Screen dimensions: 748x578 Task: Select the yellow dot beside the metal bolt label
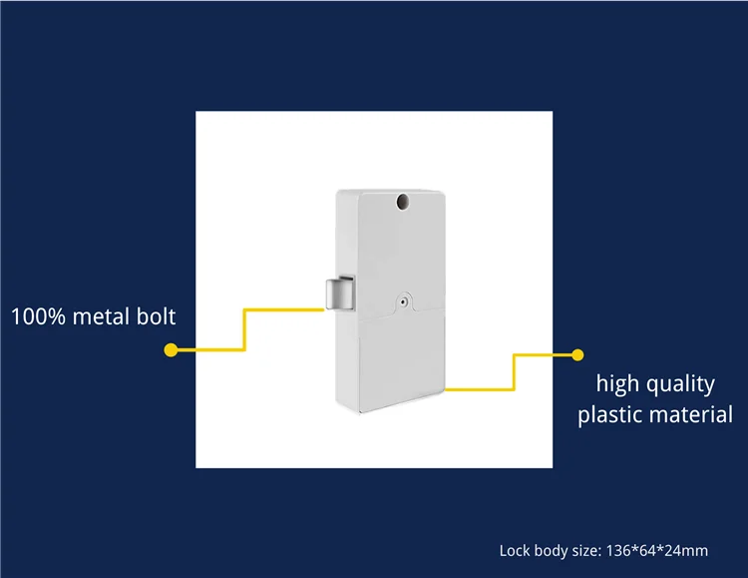[x=171, y=350]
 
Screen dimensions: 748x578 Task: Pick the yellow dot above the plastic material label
[x=575, y=353]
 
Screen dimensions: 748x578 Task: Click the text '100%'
[x=38, y=317]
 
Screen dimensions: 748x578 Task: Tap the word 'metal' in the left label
[x=103, y=317]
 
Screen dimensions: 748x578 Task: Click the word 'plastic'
[x=611, y=415]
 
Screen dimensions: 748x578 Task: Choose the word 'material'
[x=690, y=415]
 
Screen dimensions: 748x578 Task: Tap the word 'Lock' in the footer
[x=515, y=550]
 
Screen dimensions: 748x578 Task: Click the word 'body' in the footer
[x=552, y=550]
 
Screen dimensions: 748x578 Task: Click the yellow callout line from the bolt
[x=245, y=329]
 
